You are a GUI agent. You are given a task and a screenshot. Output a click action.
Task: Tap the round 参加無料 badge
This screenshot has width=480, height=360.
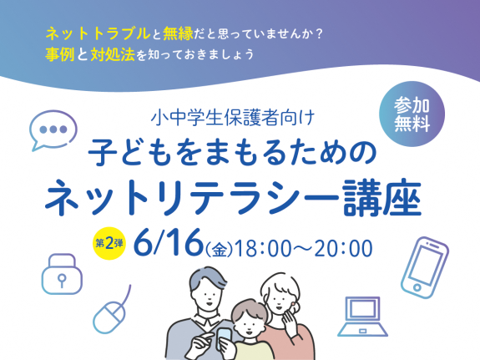[412, 114]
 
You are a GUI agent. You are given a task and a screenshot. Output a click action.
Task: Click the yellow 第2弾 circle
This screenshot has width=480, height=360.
[109, 244]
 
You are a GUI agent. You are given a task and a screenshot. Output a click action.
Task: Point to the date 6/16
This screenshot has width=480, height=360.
[169, 243]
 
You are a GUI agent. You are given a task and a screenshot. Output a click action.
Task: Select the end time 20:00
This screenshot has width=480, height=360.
[343, 248]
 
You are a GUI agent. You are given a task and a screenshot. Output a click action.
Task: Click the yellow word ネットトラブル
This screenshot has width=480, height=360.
[98, 33]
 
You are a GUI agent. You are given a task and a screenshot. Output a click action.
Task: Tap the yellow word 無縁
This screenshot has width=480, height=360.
[178, 33]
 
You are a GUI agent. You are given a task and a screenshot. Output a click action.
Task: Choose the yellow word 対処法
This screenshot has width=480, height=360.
[113, 54]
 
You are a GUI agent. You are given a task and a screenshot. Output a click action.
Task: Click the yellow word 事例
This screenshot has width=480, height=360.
[60, 54]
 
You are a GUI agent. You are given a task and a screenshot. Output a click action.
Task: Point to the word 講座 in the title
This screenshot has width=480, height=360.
[382, 198]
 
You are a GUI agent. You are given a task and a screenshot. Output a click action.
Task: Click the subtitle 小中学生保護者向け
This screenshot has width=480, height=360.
[233, 118]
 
